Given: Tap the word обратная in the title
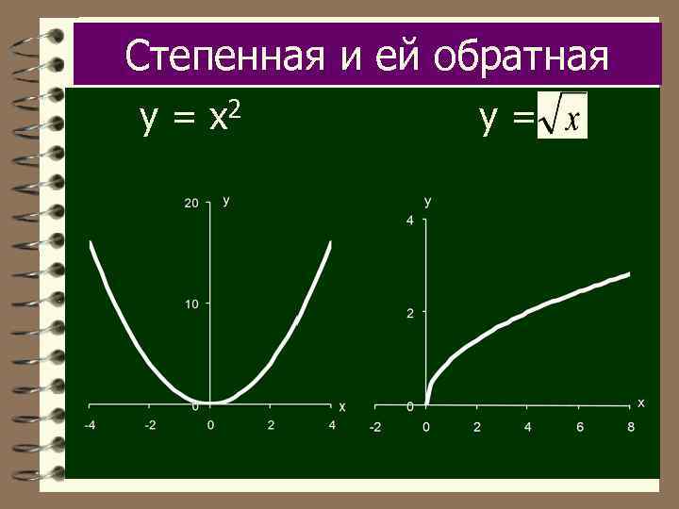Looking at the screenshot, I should [x=519, y=56].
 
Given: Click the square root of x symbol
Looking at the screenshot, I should [x=562, y=116].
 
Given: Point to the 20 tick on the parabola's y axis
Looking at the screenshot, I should [x=191, y=203].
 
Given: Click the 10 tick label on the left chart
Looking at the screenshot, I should [x=191, y=304].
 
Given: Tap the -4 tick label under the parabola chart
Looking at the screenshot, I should [x=89, y=426].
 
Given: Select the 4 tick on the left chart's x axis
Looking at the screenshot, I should [x=332, y=426].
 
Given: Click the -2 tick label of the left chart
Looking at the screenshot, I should [x=150, y=426].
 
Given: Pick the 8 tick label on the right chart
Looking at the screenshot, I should [x=631, y=427].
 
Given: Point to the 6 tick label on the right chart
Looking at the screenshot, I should [x=580, y=427].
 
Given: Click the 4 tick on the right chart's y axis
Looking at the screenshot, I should [x=409, y=221].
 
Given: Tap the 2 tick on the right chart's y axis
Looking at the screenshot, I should [x=409, y=313].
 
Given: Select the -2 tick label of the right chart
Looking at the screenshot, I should [x=374, y=427].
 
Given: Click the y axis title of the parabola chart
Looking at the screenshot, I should [x=226, y=200].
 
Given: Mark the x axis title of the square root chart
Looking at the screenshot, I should [x=641, y=402].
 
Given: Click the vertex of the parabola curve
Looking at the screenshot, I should [x=210, y=402].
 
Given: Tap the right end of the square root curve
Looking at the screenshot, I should [x=628, y=274].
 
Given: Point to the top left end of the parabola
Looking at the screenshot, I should [x=91, y=243].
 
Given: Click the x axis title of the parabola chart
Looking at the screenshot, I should [x=342, y=407].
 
